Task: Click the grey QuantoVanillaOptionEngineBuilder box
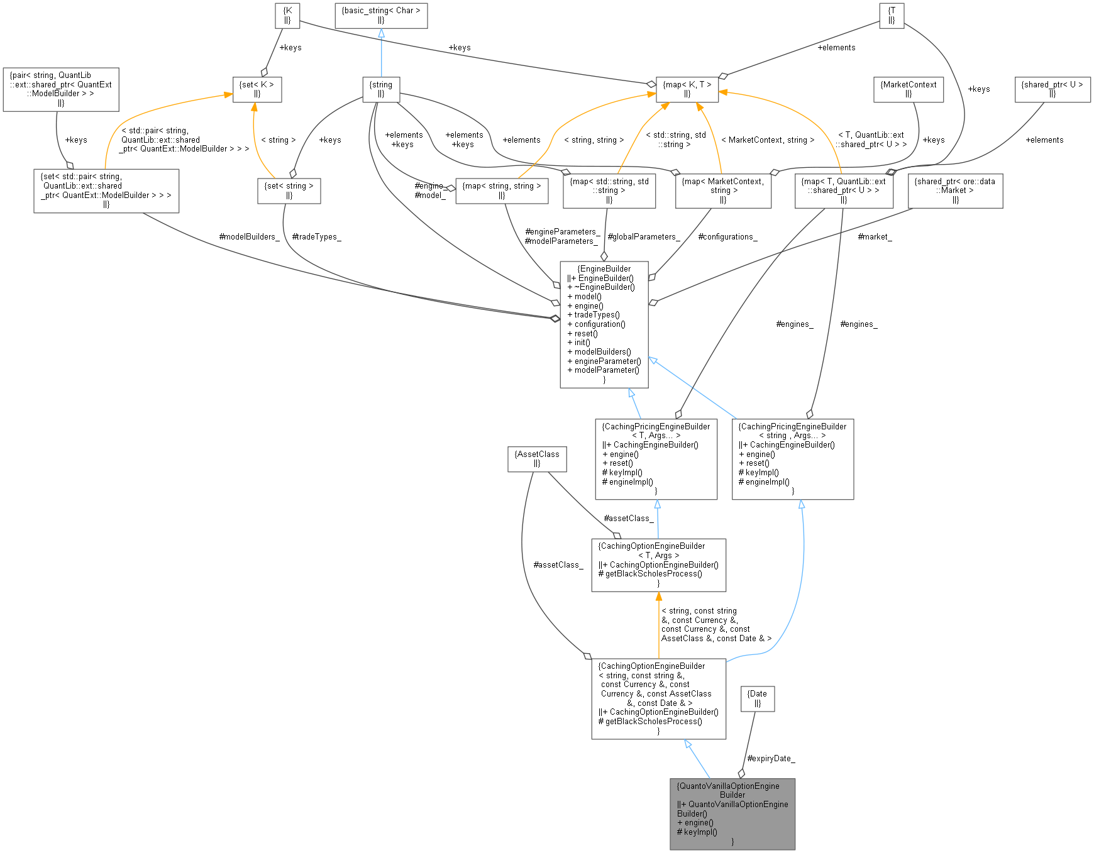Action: [x=732, y=814]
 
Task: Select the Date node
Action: [x=757, y=698]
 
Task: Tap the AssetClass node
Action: [x=537, y=459]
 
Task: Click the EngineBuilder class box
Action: [x=604, y=324]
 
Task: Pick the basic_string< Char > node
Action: [x=381, y=15]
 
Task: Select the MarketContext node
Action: [x=908, y=89]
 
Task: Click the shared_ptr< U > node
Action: [x=1052, y=89]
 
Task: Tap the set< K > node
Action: [x=257, y=89]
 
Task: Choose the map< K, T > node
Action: [x=687, y=89]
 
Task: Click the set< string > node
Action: [x=289, y=190]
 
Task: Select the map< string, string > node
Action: [x=501, y=190]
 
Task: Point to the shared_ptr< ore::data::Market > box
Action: [x=955, y=190]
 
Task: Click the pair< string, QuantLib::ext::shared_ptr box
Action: [x=60, y=89]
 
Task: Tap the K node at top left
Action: [x=287, y=15]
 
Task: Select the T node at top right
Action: [x=891, y=15]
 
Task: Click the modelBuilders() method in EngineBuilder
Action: [x=602, y=352]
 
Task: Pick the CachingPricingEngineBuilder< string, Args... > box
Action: [x=792, y=459]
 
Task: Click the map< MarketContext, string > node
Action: [x=722, y=190]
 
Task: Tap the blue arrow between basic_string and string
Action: [x=381, y=53]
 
